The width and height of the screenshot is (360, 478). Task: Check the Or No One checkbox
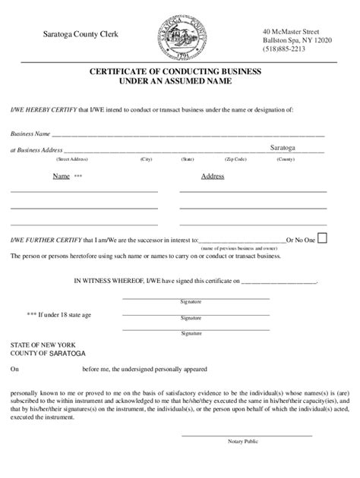[x=322, y=238]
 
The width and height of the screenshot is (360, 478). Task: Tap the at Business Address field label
[x=36, y=150]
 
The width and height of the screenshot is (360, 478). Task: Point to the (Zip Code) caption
[x=235, y=159]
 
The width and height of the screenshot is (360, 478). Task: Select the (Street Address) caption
[x=73, y=159]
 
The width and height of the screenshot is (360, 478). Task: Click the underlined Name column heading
[x=62, y=176]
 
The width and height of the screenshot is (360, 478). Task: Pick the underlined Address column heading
[x=212, y=176]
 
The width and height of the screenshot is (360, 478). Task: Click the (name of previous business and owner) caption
[x=239, y=248]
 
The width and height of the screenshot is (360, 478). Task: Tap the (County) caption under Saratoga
[x=286, y=159]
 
